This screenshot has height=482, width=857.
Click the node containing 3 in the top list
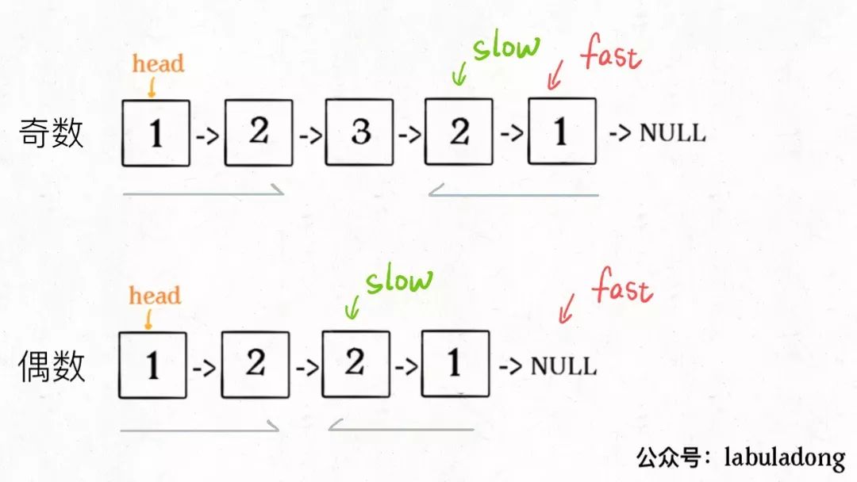[359, 132]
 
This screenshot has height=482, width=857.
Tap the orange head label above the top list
[158, 64]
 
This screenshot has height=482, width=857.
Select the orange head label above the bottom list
[155, 296]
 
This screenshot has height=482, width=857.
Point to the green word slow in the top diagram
[506, 48]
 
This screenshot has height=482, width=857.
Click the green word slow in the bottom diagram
[399, 280]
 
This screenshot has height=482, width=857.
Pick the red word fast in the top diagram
[611, 53]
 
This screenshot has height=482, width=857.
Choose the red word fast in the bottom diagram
[623, 285]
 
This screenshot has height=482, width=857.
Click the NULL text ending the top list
[673, 133]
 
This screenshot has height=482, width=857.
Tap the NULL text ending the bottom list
[563, 366]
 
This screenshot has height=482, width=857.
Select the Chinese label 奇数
[52, 132]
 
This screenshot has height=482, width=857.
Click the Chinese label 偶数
[52, 366]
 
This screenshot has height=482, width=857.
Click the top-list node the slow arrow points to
[459, 132]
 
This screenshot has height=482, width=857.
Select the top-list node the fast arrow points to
[562, 131]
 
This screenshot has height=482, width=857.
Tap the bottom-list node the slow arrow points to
[355, 364]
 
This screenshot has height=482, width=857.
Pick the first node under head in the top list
[156, 132]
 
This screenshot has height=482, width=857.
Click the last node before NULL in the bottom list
[455, 364]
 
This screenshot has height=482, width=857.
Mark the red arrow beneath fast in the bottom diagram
[567, 308]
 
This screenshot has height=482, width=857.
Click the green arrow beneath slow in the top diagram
[460, 74]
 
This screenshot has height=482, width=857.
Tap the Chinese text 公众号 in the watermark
[668, 457]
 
